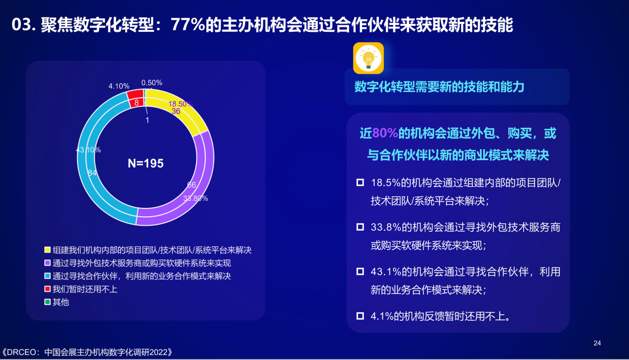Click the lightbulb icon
[368, 58]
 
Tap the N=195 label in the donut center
[146, 163]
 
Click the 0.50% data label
[152, 83]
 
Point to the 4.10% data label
[119, 86]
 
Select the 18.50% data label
[180, 104]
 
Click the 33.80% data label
[195, 198]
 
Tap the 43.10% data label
[88, 150]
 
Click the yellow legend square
[47, 250]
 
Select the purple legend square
[47, 263]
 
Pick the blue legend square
[47, 276]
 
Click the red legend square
[47, 289]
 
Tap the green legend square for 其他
[47, 302]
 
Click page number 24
[597, 343]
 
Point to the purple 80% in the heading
[385, 133]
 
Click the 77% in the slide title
[188, 24]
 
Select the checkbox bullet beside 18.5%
[360, 182]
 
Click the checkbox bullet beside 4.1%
[360, 316]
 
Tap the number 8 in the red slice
[136, 102]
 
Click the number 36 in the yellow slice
[176, 111]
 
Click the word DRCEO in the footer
[21, 353]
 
